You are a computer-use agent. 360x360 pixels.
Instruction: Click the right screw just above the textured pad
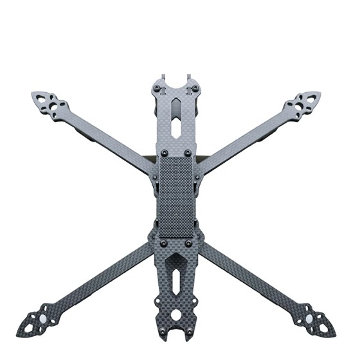[x=188, y=153]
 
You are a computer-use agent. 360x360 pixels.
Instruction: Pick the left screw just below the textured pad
[x=164, y=244]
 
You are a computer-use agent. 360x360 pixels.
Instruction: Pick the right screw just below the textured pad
[x=188, y=244]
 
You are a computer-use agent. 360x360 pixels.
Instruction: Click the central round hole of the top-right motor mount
[x=300, y=104]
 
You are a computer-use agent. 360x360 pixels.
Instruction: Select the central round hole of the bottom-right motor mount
[x=312, y=318]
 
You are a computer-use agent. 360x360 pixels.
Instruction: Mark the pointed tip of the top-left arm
[x=32, y=94]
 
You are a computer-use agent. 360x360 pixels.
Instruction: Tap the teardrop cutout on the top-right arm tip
[x=312, y=97]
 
